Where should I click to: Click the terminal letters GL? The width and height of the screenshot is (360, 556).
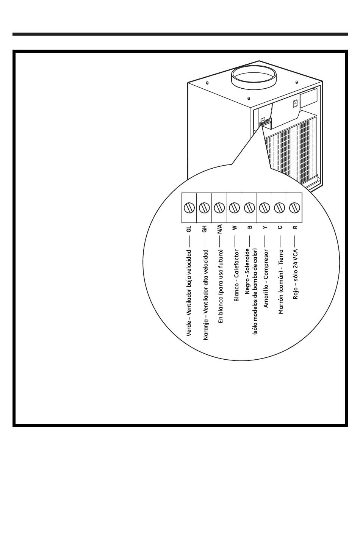[189, 229]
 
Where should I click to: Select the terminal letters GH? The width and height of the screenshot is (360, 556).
[204, 229]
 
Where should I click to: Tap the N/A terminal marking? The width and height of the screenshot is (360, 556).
[219, 229]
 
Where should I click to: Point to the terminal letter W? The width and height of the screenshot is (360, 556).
[235, 227]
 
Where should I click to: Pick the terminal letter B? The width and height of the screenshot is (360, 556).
[250, 227]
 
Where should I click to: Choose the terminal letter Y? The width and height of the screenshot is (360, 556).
[265, 227]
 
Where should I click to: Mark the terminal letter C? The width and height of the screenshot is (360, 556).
[280, 227]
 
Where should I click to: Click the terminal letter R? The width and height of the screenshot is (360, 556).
[295, 227]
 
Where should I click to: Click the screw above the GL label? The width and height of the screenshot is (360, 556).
[189, 207]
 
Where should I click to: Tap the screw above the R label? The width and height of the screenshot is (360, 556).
[294, 207]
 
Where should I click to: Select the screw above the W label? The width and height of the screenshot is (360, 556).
[234, 207]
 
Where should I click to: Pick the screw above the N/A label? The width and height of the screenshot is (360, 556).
[219, 207]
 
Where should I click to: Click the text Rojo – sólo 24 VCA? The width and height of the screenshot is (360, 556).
[295, 274]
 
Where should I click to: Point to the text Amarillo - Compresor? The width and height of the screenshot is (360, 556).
[266, 279]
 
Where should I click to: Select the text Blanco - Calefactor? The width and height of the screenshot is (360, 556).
[236, 276]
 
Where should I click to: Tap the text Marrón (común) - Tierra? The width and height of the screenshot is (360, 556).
[280, 282]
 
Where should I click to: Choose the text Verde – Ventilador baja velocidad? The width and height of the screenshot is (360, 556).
[189, 293]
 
